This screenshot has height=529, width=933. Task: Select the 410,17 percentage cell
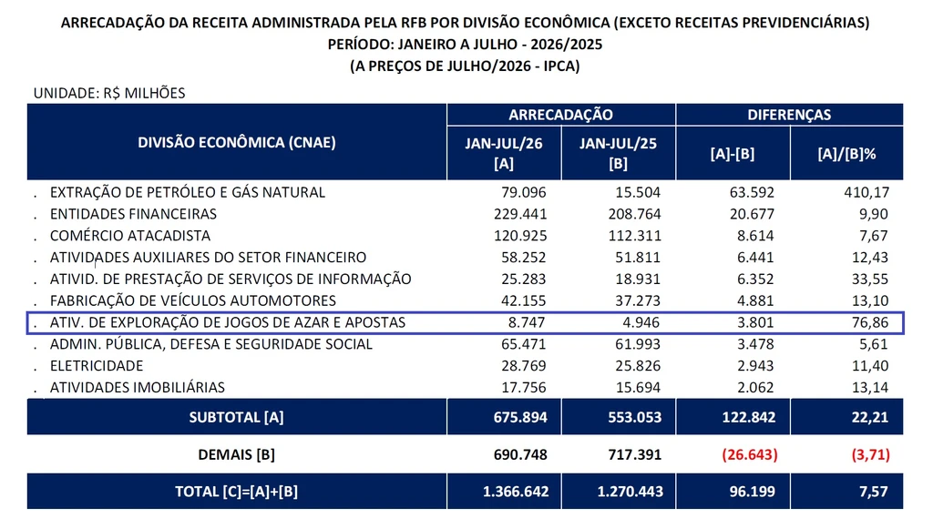(x=866, y=193)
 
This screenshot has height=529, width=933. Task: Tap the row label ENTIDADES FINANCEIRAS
(x=133, y=214)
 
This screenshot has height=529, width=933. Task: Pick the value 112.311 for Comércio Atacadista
(x=634, y=236)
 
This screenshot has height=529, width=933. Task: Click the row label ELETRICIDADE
(x=97, y=366)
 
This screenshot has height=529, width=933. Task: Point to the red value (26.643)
(x=750, y=454)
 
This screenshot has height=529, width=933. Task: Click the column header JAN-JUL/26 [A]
(x=503, y=153)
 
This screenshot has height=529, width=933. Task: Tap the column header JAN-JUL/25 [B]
(x=619, y=153)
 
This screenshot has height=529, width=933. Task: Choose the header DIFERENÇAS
(x=789, y=115)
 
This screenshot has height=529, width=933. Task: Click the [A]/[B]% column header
(x=846, y=154)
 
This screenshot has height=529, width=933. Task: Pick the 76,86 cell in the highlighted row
(x=870, y=322)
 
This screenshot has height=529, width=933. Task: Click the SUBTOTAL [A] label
(x=236, y=417)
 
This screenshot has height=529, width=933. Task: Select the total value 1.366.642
(x=516, y=493)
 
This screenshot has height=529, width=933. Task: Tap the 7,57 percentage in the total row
(x=874, y=493)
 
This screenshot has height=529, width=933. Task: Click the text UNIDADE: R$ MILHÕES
(x=109, y=93)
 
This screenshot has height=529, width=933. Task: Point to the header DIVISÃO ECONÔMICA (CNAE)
(x=237, y=143)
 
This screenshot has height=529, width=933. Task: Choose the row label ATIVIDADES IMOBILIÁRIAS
(x=138, y=388)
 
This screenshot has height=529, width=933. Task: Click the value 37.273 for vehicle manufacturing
(x=638, y=300)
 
